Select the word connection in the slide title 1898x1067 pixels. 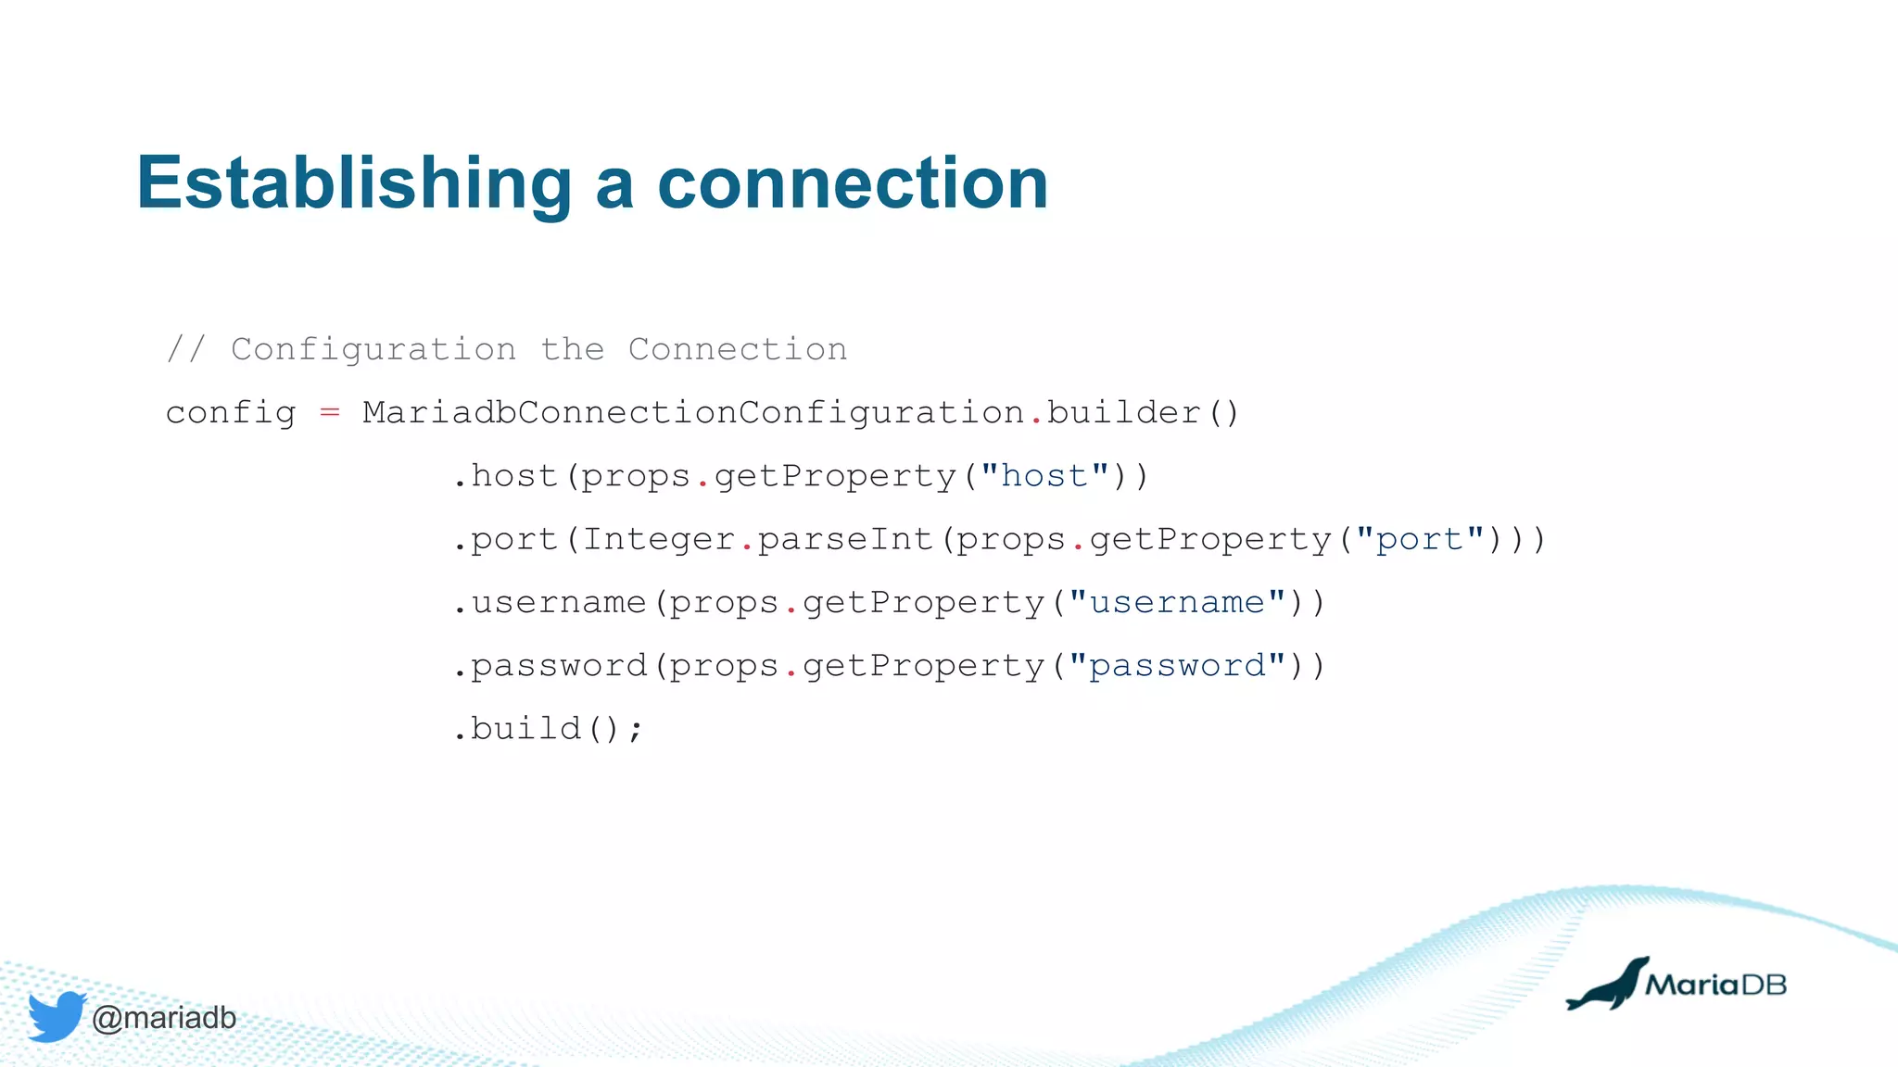853,183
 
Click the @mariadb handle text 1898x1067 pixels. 164,1018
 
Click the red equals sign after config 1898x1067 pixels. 329,412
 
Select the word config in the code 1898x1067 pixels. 230,413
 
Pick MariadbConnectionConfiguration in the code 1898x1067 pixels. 692,413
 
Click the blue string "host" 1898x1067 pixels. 1044,476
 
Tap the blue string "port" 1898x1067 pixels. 1419,539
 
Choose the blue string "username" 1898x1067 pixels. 1177,603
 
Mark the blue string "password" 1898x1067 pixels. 1177,666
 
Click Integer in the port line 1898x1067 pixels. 658,539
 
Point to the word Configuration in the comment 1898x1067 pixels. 373,349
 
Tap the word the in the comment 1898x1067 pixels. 572,349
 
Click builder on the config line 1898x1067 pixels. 1123,413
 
